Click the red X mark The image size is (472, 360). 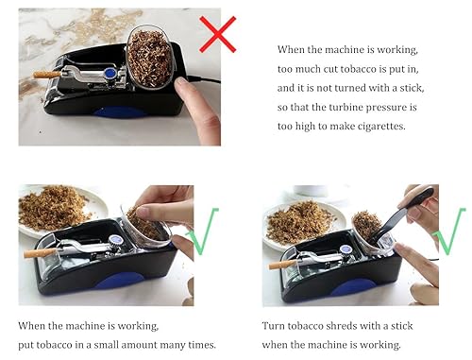click(x=217, y=34)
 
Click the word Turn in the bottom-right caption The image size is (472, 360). click(x=276, y=324)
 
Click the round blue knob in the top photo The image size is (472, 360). click(x=110, y=72)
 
